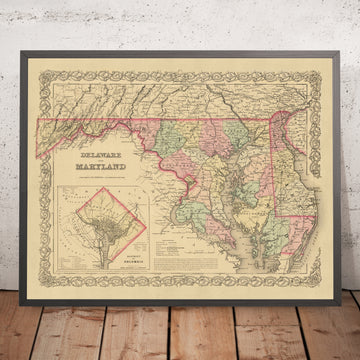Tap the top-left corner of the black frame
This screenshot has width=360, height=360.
pyautogui.click(x=20, y=43)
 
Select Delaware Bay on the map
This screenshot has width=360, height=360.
pyautogui.click(x=305, y=150)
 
